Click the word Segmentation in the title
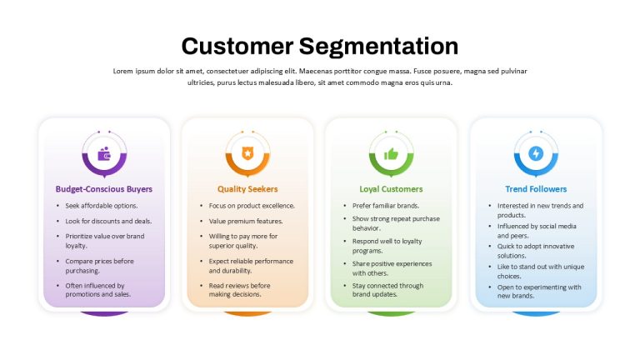378,47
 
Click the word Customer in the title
237,46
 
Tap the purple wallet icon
104,153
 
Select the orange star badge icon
247,153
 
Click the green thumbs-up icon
391,154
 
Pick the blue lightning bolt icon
536,153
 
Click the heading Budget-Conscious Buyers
103,189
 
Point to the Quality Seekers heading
247,189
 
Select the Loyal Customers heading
391,189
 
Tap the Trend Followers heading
536,189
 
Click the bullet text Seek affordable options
102,206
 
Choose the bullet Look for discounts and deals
108,221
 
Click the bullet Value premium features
246,221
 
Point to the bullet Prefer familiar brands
386,206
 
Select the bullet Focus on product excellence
252,206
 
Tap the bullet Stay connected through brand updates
387,290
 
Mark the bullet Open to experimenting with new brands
539,292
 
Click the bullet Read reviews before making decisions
240,290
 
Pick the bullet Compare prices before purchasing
100,266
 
